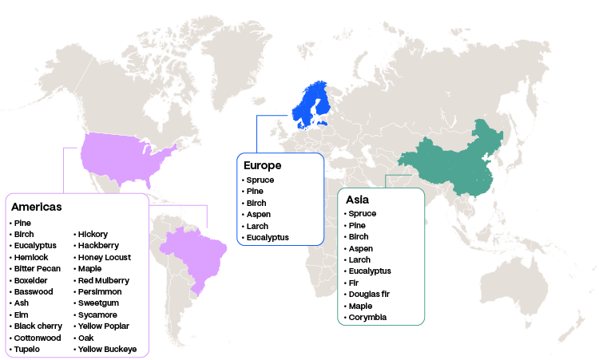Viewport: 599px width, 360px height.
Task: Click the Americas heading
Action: [37, 207]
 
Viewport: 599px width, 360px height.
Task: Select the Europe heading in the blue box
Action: [262, 165]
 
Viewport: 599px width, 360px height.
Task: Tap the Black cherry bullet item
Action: [38, 326]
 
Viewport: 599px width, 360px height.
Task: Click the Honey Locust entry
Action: [104, 257]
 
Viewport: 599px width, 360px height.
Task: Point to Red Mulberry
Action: [103, 280]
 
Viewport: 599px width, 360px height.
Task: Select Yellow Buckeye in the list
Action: [107, 350]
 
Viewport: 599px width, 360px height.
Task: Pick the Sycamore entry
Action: [97, 315]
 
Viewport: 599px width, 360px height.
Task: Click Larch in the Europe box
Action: [257, 226]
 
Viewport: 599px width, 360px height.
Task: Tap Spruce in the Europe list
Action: [260, 180]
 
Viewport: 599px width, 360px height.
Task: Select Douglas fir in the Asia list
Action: [368, 295]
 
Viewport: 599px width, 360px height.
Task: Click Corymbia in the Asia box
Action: [367, 318]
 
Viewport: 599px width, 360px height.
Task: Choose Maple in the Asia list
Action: [361, 306]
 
